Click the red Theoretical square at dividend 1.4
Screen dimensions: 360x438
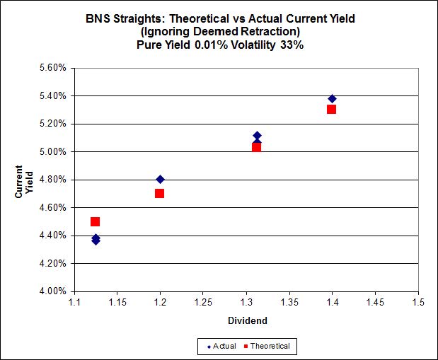(331, 109)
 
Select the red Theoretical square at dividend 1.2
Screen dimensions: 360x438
(160, 193)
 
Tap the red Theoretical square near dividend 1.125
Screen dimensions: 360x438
(96, 221)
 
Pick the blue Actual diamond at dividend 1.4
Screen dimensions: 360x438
(332, 98)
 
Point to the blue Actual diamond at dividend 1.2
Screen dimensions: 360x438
(160, 179)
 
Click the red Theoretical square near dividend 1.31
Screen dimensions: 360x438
(256, 147)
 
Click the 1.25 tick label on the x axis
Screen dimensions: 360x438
(202, 303)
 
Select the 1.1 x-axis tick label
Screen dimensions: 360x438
(75, 303)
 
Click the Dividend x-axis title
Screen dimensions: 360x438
(247, 320)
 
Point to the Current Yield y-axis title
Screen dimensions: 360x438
(24, 180)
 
